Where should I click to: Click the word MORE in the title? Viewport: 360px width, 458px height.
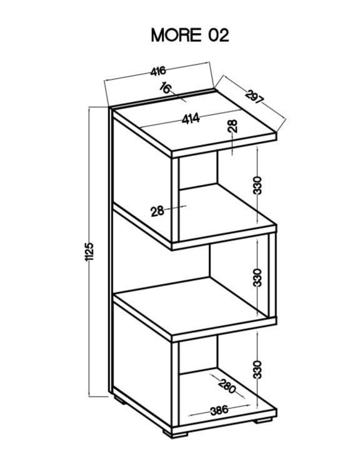tap(176, 35)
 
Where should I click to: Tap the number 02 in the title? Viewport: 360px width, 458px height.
tap(218, 35)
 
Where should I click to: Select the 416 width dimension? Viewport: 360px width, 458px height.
tap(158, 71)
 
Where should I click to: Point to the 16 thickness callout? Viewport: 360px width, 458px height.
tap(166, 88)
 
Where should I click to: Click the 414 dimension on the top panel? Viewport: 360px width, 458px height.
tap(191, 119)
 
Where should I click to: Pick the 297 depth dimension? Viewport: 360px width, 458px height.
tap(254, 98)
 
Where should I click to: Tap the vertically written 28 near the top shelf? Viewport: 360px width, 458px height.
tap(233, 126)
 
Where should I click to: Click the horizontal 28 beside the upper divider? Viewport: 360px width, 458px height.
tap(157, 211)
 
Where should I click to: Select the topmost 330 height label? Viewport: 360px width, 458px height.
tap(257, 185)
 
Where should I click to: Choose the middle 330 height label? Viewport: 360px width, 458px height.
tap(257, 277)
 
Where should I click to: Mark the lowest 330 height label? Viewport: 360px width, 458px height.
tap(257, 370)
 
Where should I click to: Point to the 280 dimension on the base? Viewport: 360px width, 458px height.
tap(227, 386)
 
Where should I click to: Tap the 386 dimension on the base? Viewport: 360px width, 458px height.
tap(219, 410)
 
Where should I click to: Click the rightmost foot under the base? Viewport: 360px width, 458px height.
tap(263, 421)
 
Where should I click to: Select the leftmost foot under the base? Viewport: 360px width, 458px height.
tap(120, 400)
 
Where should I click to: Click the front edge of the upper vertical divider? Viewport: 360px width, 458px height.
tap(175, 200)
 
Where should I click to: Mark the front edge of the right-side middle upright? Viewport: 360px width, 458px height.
tap(272, 275)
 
